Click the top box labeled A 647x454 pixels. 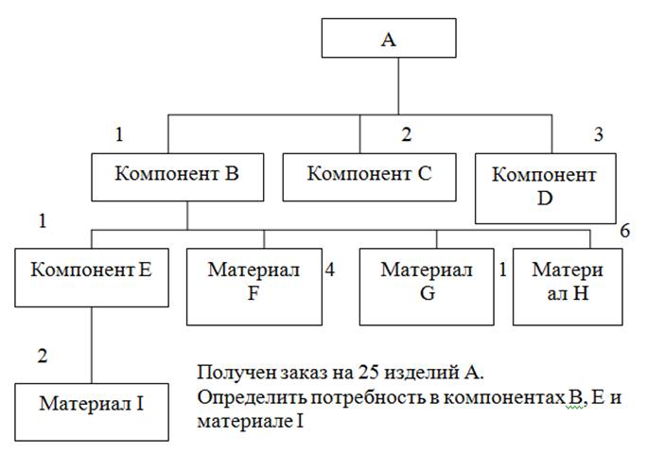click(388, 40)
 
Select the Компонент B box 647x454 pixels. click(176, 174)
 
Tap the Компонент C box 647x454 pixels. click(370, 174)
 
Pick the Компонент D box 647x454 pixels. click(545, 187)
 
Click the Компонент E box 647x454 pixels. click(91, 269)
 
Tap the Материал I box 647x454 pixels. click(91, 404)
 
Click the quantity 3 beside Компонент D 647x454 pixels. click(598, 133)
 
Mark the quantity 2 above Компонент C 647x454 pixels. click(407, 135)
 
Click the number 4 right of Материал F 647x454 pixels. click(330, 270)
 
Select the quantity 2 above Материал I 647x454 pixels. click(41, 357)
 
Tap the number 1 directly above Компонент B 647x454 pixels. click(119, 135)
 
